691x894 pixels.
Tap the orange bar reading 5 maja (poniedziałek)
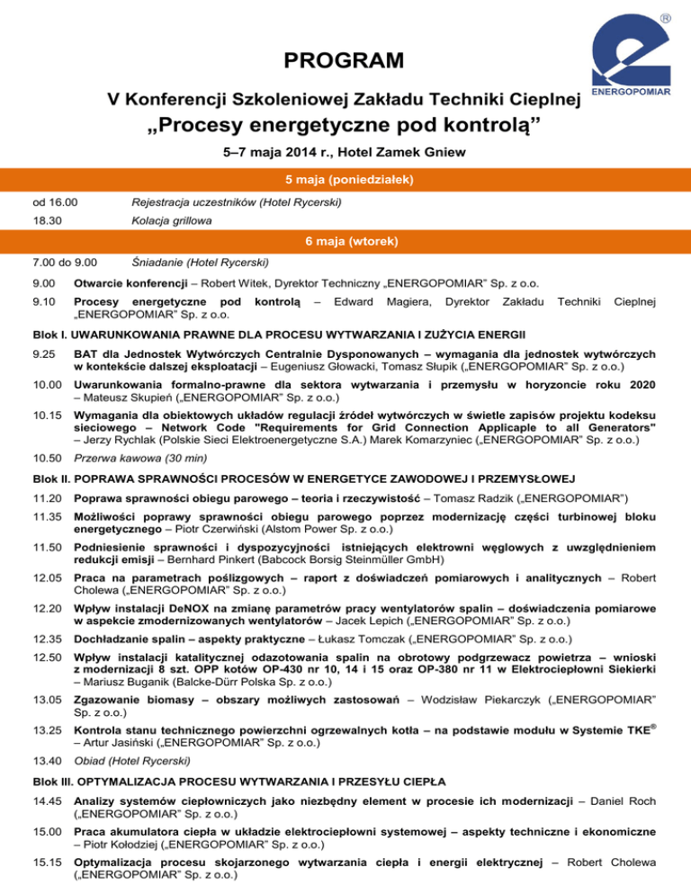[x=345, y=180]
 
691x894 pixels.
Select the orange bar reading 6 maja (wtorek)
[x=345, y=242]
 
